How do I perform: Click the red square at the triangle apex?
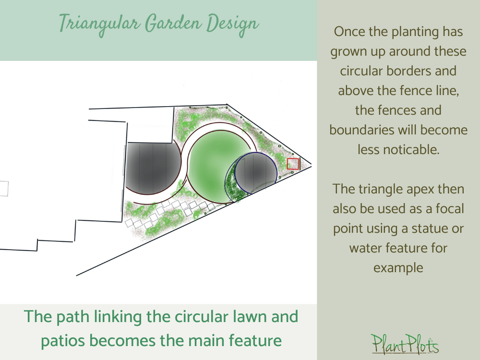[x=293, y=164]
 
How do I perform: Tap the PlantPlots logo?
[x=405, y=344]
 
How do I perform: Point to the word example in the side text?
[x=398, y=268]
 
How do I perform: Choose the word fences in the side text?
[x=418, y=110]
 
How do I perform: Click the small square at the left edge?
[x=3, y=189]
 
